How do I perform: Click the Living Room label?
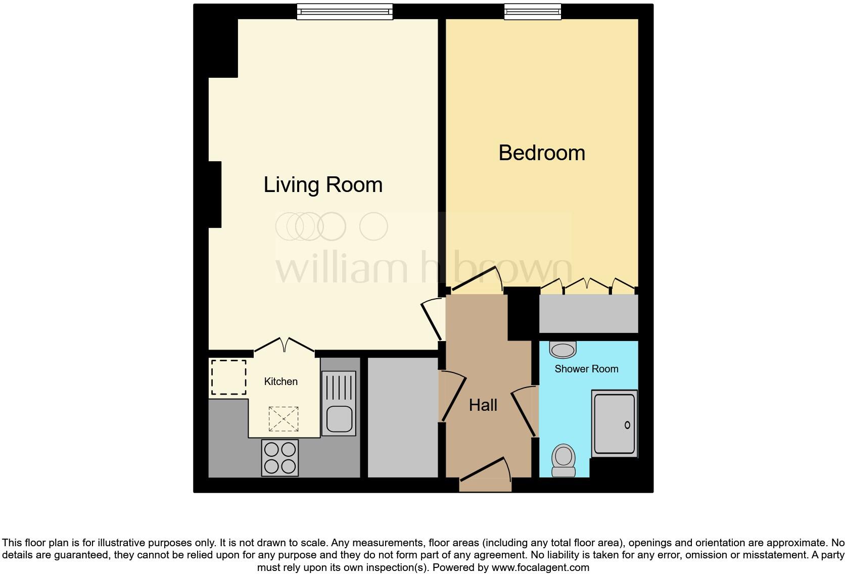coord(323,185)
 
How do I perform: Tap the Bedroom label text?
coord(541,153)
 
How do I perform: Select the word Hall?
coord(483,405)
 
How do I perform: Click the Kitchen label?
coord(280,381)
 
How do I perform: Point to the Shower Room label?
coord(586,369)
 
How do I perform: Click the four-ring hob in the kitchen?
coord(280,458)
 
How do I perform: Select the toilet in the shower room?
coord(564,460)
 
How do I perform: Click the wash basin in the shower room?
coord(562,349)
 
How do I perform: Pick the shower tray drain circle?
coord(627,425)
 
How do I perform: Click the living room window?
coord(344,12)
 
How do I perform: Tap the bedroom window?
coord(532,12)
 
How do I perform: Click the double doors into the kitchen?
coord(285,346)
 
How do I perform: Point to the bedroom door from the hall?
coord(476,280)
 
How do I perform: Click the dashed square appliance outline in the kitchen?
coord(228,377)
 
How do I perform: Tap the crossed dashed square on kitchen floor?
coord(283,419)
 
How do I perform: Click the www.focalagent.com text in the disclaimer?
coord(540,567)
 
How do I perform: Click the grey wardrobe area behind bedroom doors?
coord(588,313)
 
